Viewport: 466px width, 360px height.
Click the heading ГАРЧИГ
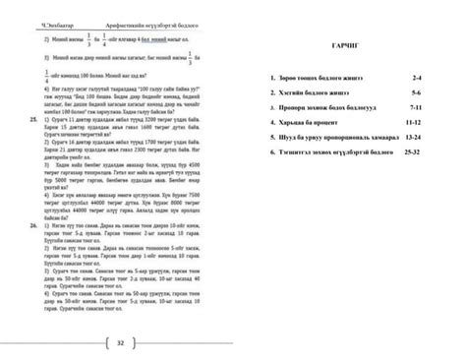point(345,47)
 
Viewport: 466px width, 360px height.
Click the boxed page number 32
point(119,342)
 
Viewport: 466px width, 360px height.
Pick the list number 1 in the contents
point(270,76)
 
